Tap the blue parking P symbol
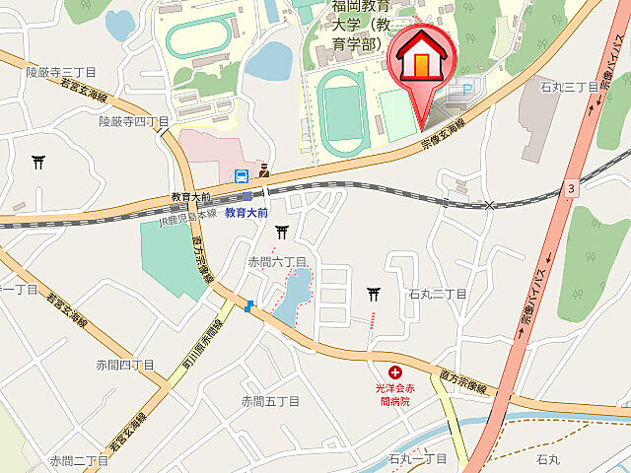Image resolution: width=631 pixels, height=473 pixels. pos(456,90)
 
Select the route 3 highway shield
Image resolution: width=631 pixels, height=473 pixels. pos(571,186)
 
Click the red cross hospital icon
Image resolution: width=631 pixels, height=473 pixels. pos(395,372)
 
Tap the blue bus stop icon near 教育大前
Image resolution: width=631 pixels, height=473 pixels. pos(241,176)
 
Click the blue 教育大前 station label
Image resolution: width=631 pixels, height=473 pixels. pos(247,212)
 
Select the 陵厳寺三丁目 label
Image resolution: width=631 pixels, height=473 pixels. pos(61,72)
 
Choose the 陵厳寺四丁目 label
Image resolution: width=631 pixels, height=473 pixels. pos(135,121)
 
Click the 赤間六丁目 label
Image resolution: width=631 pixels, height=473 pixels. pos(277,261)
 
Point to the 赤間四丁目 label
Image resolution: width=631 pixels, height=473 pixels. pos(125,365)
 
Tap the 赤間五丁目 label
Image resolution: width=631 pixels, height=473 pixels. pos(270,401)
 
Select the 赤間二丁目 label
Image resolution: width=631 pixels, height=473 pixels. pos(79,460)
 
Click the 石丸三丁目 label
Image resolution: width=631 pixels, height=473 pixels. pos(569,87)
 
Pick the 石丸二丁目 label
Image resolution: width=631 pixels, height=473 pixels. pos(437,294)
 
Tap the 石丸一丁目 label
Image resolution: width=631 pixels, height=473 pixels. pos(418,459)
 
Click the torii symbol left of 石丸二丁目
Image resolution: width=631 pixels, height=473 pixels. pos(374,293)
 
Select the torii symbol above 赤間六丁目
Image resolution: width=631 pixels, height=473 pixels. pos(282,232)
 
